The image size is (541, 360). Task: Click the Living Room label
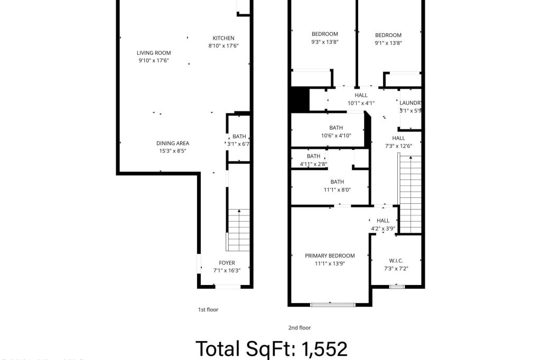coord(154,53)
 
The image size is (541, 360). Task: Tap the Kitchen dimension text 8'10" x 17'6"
coord(223,45)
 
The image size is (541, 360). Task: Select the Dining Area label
coord(172,143)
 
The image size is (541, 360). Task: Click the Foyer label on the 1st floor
coord(227,263)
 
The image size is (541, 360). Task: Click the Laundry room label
coord(410,103)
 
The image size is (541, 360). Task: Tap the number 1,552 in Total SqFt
coord(324,348)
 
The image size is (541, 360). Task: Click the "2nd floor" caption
coord(299,328)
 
